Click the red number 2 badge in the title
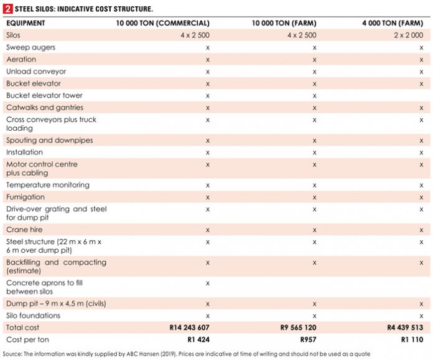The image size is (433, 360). pyautogui.click(x=7, y=8)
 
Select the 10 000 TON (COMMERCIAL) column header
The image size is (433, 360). pyautogui.click(x=163, y=23)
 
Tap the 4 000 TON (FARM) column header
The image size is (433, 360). pyautogui.click(x=393, y=23)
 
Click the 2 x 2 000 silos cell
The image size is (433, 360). pyautogui.click(x=409, y=36)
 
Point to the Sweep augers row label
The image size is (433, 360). pyautogui.click(x=30, y=47)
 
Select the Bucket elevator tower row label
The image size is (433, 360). pyautogui.click(x=44, y=95)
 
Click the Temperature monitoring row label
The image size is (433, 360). pyautogui.click(x=47, y=185)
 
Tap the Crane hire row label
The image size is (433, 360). pyautogui.click(x=24, y=230)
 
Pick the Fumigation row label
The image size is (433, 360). pyautogui.click(x=26, y=197)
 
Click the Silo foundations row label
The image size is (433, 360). pyautogui.click(x=34, y=316)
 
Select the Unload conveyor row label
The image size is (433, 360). pyautogui.click(x=36, y=72)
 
